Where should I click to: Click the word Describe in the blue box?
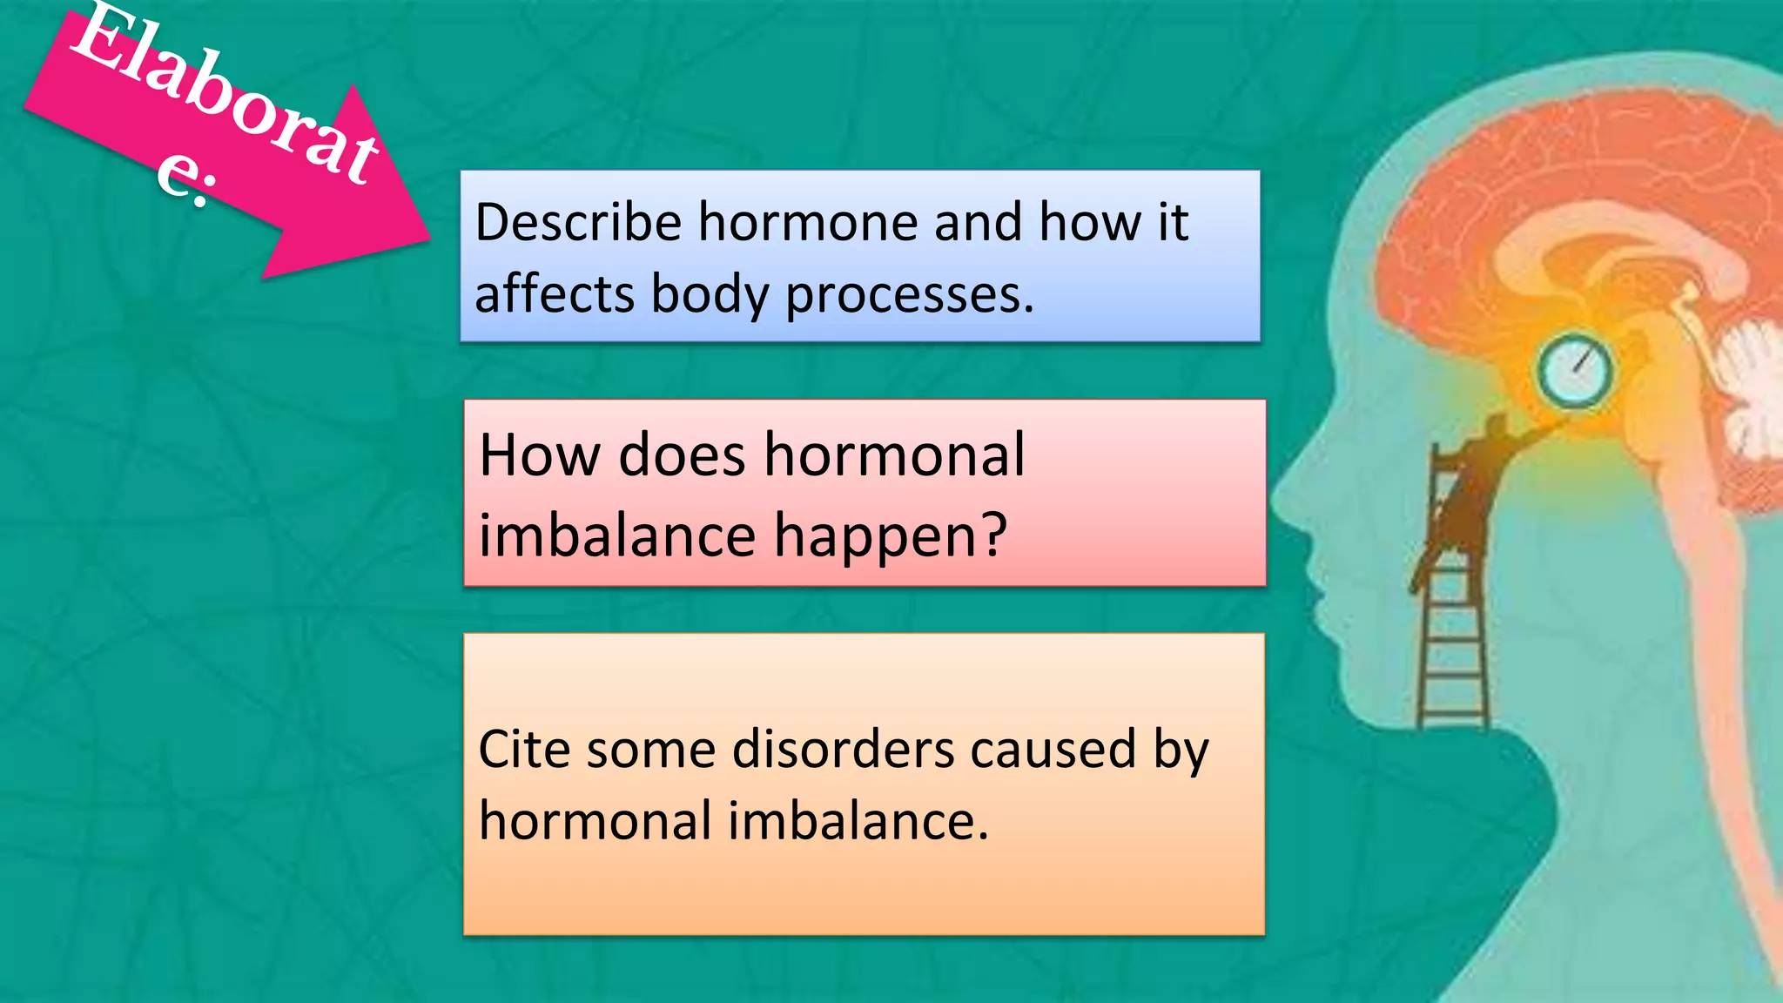(x=577, y=222)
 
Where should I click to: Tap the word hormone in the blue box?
(x=808, y=222)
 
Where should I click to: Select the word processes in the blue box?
(x=910, y=294)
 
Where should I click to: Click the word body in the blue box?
(x=710, y=294)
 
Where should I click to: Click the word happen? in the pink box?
(x=890, y=535)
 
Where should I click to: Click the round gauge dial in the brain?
(x=1574, y=372)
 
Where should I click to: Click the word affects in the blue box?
(x=555, y=294)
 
